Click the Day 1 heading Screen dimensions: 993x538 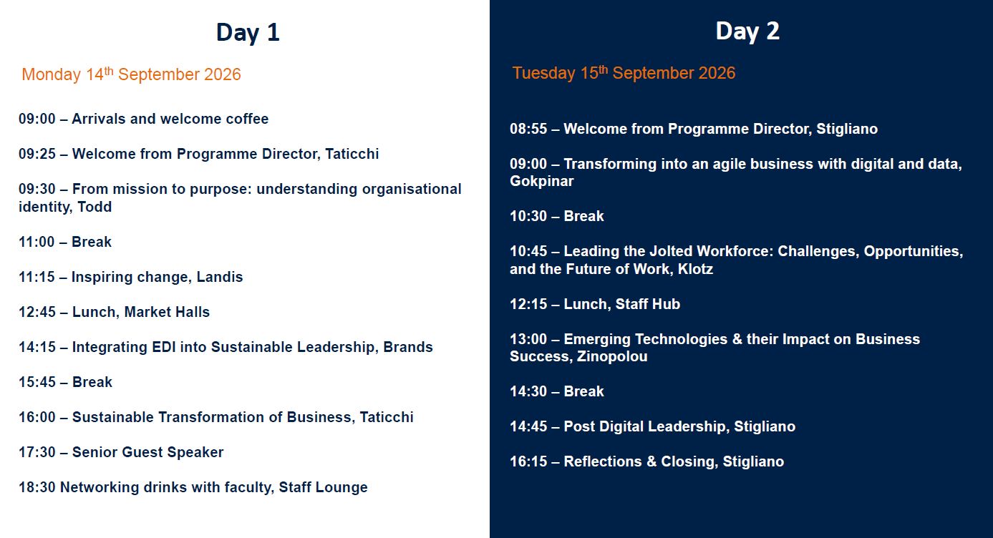248,32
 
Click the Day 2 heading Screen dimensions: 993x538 747,31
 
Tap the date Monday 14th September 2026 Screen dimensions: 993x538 131,74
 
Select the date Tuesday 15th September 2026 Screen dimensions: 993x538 624,73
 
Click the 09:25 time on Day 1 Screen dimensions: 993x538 37,154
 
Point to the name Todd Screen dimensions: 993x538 95,207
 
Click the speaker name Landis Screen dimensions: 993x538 220,277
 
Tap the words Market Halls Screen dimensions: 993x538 167,312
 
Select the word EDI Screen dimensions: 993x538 164,347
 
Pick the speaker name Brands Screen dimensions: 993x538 408,347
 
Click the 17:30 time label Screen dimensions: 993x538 37,452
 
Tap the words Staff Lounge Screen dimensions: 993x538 323,487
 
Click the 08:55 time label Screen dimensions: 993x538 528,129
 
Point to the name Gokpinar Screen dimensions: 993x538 542,181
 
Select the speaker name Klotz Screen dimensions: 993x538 696,269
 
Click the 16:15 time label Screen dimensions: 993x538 528,461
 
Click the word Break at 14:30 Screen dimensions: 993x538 583,391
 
